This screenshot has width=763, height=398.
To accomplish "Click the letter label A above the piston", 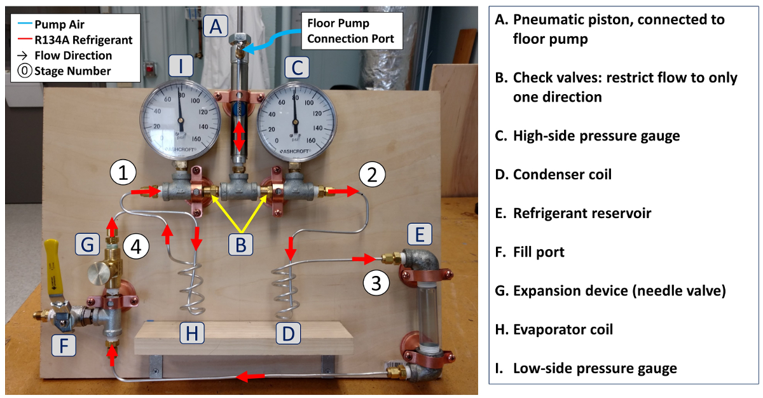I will tap(216, 27).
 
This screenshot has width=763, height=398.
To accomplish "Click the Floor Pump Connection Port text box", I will tap(351, 31).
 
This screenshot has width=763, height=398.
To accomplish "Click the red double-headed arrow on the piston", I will tap(238, 136).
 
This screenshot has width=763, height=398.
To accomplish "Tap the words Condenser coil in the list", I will tap(562, 174).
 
